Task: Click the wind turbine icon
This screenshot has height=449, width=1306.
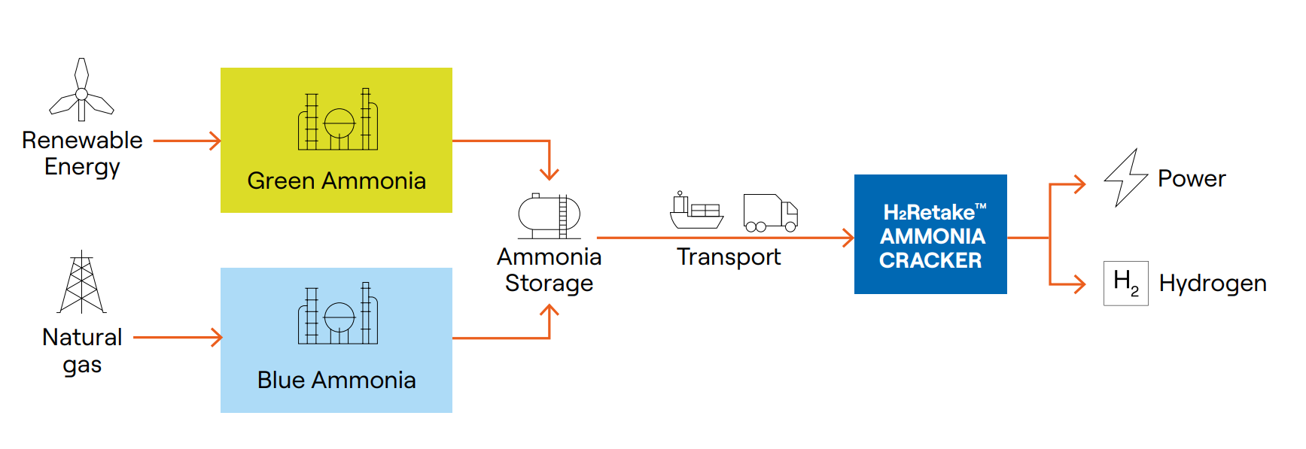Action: point(81,91)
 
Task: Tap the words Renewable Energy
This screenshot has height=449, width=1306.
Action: point(82,153)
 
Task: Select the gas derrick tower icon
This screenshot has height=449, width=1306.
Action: point(81,283)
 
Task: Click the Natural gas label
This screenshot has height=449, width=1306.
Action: point(82,350)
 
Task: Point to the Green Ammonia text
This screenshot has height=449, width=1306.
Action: point(336,181)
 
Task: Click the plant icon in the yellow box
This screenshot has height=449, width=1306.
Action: point(338,120)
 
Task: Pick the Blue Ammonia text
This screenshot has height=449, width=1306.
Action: point(336,381)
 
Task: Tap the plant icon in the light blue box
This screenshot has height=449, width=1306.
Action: point(338,314)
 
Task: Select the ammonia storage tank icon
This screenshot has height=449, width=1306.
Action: point(549,215)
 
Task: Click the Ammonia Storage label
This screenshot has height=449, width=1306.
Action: point(549,270)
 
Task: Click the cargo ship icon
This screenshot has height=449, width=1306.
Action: point(696,211)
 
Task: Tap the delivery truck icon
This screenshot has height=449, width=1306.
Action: point(770,213)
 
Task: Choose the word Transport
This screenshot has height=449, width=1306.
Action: point(729,257)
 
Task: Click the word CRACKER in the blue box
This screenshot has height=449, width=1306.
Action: point(930,261)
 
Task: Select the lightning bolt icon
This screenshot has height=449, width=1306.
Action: point(1125,178)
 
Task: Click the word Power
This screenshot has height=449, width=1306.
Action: point(1192,179)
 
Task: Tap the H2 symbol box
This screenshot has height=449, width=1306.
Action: point(1125,284)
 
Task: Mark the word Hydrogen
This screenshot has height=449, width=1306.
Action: point(1213,284)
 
